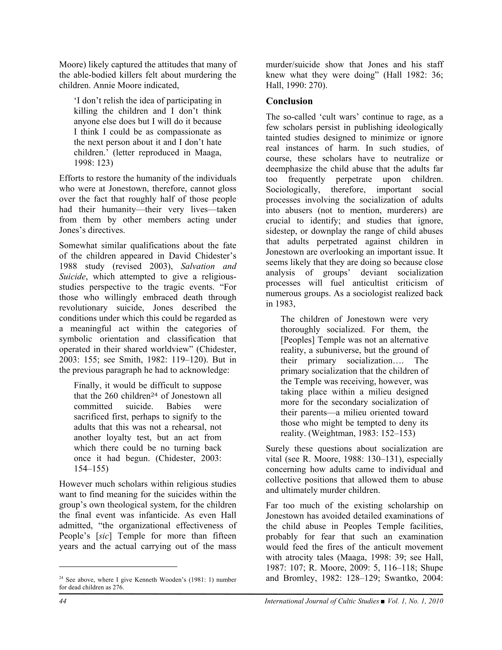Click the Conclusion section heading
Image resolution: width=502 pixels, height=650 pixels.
[289, 101]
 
